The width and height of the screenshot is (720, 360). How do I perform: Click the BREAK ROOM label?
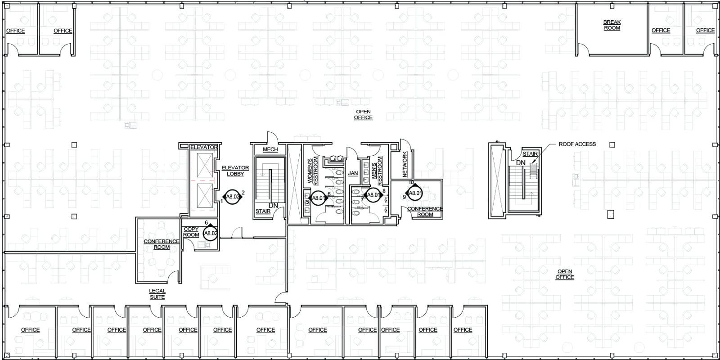click(x=612, y=25)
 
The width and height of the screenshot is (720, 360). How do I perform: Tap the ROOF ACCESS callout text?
click(x=577, y=144)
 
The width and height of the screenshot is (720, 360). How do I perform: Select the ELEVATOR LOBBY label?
click(x=235, y=171)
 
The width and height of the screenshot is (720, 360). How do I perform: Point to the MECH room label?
click(x=270, y=149)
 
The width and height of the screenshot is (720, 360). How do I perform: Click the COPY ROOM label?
click(x=191, y=232)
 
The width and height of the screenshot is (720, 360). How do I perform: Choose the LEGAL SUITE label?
click(x=157, y=294)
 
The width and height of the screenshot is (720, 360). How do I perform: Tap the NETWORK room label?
click(x=405, y=164)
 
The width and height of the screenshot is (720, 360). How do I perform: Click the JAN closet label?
click(x=353, y=173)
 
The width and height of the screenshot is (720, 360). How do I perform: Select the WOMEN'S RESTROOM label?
click(x=312, y=170)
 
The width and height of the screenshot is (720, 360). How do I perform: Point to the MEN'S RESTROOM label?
click(x=377, y=170)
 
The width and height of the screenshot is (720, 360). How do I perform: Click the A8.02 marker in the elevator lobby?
click(x=232, y=197)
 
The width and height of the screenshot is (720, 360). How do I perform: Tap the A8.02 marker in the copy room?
click(x=211, y=233)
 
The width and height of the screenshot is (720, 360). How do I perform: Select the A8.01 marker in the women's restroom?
click(x=318, y=198)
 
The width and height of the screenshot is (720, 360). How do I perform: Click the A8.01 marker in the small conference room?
click(x=415, y=193)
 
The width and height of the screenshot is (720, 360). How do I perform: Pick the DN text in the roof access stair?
click(x=521, y=163)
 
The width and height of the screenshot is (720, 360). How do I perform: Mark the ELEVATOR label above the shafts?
click(x=204, y=147)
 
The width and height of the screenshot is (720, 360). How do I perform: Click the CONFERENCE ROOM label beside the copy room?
click(x=162, y=244)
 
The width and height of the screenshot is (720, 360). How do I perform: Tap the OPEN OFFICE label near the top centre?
click(x=363, y=115)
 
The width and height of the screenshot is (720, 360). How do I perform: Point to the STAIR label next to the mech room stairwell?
click(x=263, y=211)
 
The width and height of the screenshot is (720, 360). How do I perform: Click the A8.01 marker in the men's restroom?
click(x=374, y=195)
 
